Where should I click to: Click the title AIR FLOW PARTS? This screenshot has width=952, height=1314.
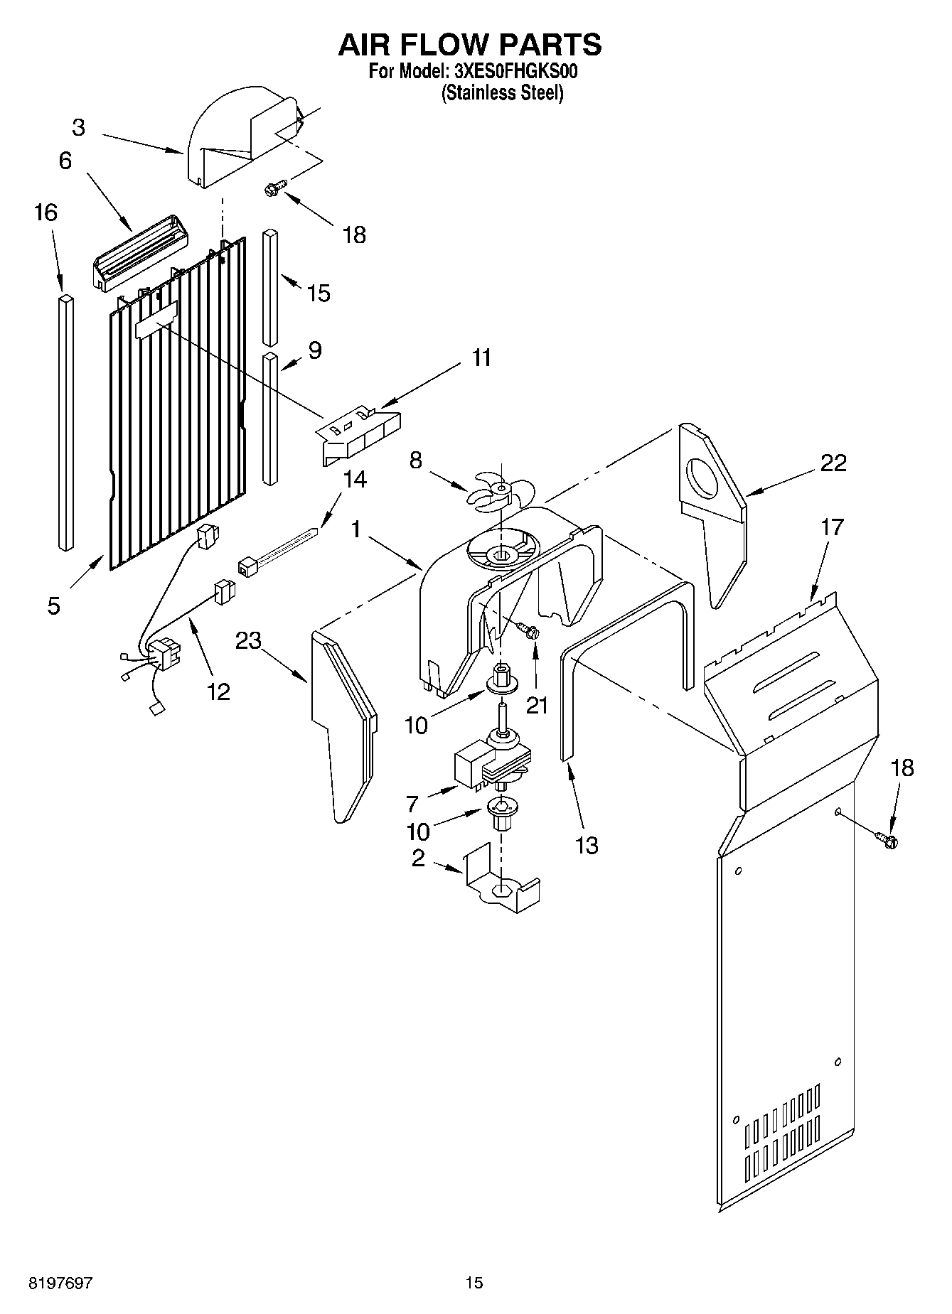point(469,44)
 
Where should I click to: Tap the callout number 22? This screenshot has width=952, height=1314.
point(833,463)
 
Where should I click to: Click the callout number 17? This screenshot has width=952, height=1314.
point(832,527)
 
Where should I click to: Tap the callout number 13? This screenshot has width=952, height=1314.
point(587,846)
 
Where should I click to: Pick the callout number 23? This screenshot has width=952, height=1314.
point(249,640)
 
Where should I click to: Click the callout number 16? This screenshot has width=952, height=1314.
point(46,212)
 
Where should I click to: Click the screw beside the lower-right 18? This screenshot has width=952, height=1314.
point(887,840)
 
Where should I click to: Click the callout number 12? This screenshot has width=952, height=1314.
point(218,691)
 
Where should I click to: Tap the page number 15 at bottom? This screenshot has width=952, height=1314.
point(474,1283)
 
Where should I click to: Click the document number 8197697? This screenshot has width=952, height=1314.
point(60,1283)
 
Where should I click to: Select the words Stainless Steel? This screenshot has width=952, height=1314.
point(502,93)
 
